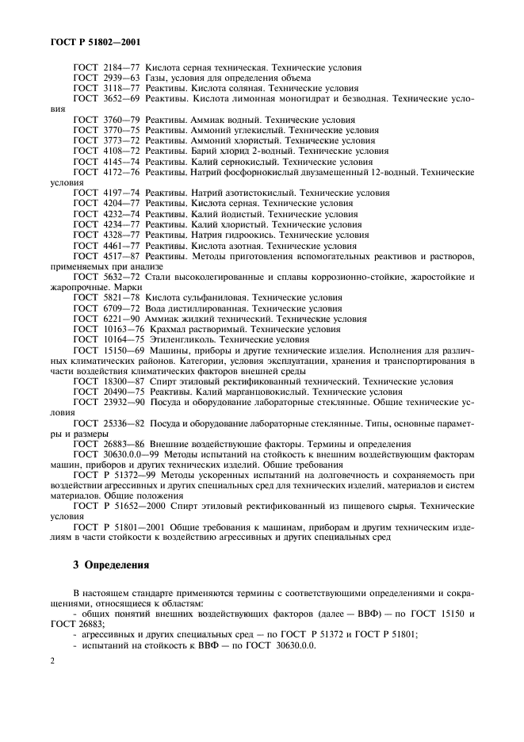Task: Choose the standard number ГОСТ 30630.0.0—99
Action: pos(112,454)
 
